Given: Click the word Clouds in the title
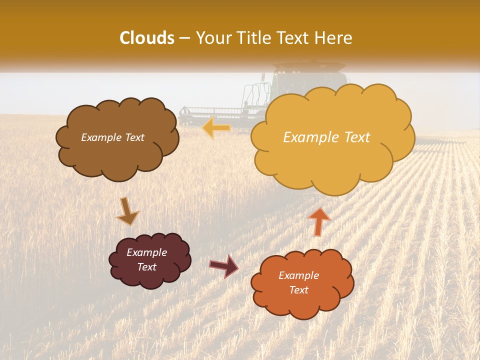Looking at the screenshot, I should point(147,38).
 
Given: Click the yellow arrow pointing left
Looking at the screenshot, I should point(216,128).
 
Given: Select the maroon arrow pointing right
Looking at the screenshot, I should point(224,266).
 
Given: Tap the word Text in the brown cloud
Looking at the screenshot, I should point(134,137).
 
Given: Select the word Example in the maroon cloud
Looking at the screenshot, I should point(146,252).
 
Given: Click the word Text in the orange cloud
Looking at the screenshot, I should point(298,290).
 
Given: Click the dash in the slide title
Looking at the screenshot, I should point(184,38).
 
